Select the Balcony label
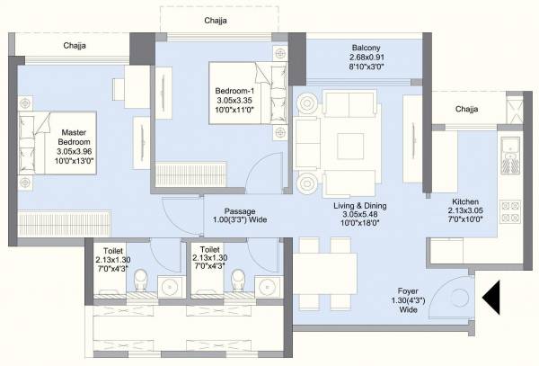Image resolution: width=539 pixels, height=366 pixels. point(366,57)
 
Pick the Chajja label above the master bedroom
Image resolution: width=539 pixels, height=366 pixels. point(74,44)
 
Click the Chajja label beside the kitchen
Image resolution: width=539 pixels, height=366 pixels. point(466,110)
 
